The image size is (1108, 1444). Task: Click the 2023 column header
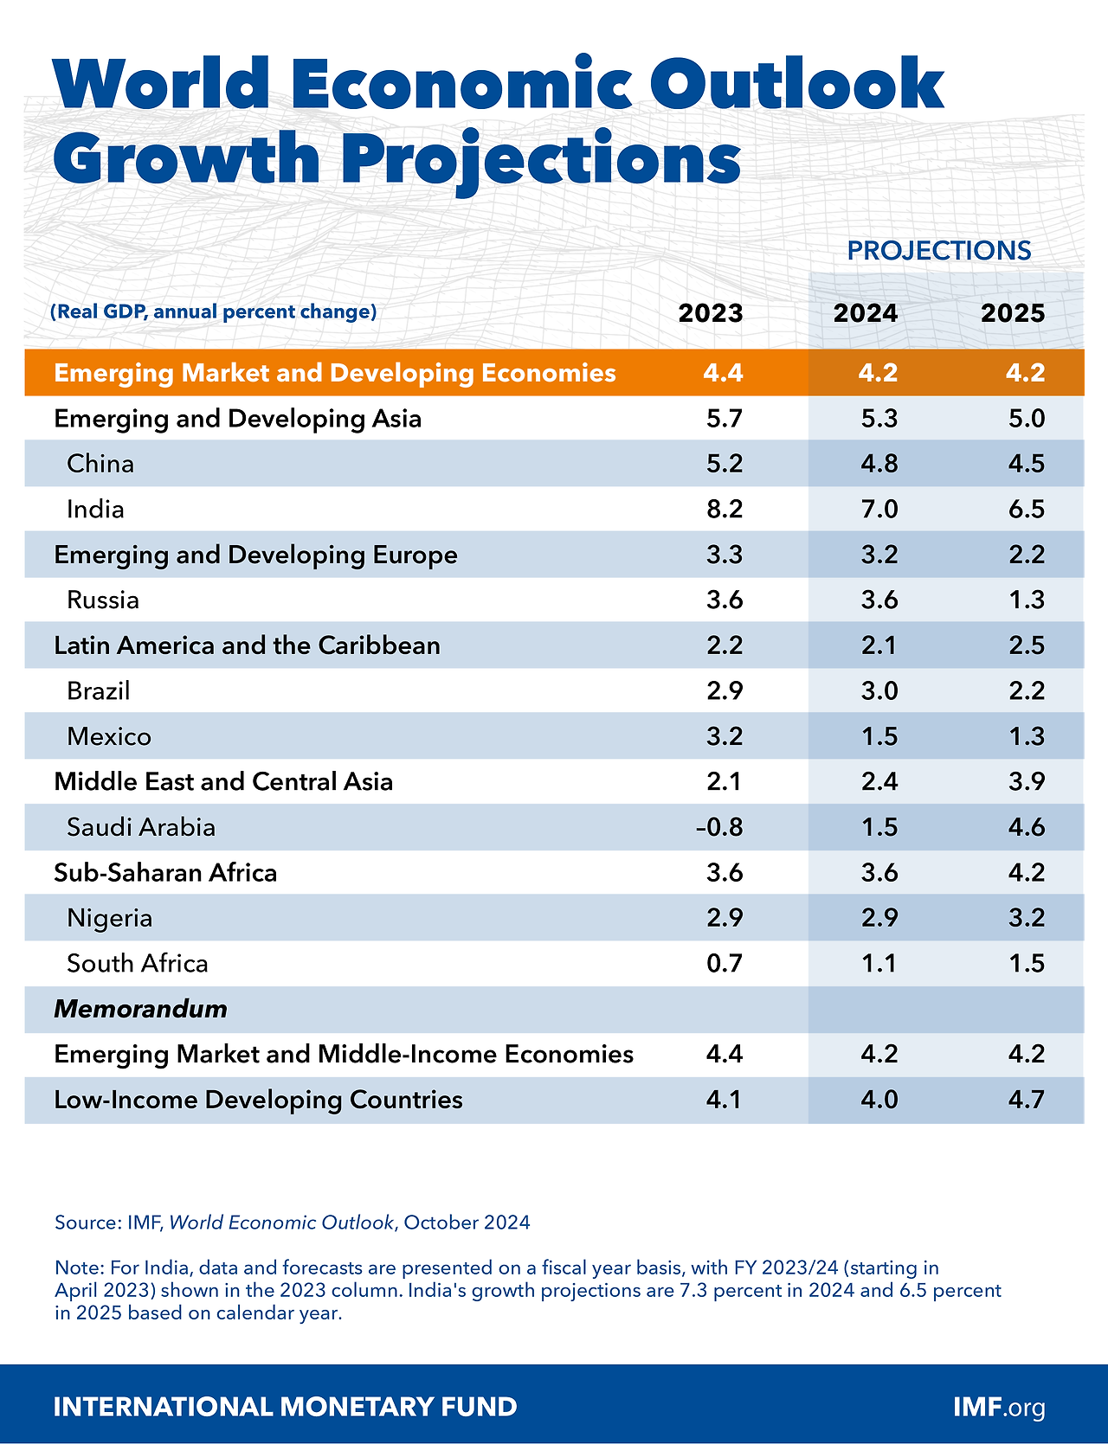click(x=711, y=313)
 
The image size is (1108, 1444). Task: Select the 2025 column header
click(x=1013, y=313)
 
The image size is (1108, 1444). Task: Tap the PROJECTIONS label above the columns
click(x=939, y=251)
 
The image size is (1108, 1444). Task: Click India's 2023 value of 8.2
click(x=725, y=509)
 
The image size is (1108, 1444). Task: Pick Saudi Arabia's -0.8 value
click(x=720, y=827)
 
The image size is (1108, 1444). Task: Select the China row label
click(x=100, y=464)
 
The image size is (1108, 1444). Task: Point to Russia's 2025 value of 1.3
click(x=1027, y=600)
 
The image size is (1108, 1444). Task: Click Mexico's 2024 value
click(x=879, y=736)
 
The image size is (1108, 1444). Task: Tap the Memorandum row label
click(x=140, y=1009)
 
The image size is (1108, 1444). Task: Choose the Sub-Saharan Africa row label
click(x=165, y=872)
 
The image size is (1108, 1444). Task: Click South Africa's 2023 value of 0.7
click(x=725, y=963)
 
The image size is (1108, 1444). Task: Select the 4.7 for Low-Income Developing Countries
click(x=1027, y=1100)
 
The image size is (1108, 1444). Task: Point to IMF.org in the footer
click(x=999, y=1407)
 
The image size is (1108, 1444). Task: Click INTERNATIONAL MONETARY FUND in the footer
click(x=285, y=1407)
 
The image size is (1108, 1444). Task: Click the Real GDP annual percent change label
click(x=214, y=311)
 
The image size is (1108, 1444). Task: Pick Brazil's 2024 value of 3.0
click(x=879, y=690)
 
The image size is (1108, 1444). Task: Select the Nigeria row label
click(x=109, y=918)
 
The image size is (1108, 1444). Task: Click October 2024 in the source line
click(x=467, y=1223)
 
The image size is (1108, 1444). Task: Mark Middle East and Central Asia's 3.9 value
click(x=1027, y=781)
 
